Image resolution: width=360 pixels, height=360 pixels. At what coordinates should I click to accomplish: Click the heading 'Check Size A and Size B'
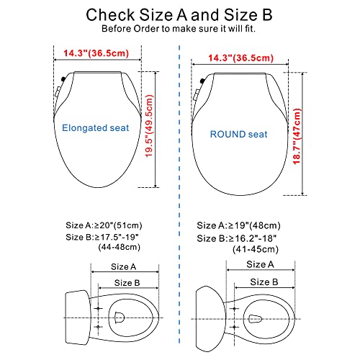click(x=180, y=14)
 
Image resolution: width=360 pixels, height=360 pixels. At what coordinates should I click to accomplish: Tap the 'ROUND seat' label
click(x=238, y=135)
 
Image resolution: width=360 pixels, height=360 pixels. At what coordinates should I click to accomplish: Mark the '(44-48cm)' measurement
click(x=120, y=248)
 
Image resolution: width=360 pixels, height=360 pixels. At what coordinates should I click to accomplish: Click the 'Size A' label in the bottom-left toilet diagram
click(x=124, y=266)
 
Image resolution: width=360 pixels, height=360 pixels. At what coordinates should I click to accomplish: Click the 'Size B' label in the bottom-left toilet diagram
click(x=127, y=283)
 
